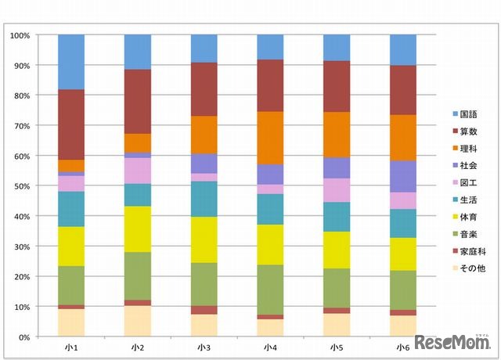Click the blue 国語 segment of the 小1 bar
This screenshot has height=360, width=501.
(x=71, y=62)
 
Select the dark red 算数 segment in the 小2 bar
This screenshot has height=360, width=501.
(x=138, y=101)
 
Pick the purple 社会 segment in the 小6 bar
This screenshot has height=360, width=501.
(x=403, y=176)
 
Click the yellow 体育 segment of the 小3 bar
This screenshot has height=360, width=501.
(x=204, y=239)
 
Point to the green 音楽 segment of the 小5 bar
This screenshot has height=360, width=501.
(x=337, y=288)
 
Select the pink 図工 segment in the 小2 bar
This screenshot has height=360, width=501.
(x=138, y=171)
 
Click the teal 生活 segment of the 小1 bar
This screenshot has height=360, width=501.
(x=71, y=209)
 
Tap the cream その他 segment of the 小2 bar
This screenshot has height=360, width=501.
(x=138, y=321)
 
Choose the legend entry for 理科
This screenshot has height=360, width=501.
(x=467, y=147)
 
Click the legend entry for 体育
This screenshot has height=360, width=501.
(x=467, y=216)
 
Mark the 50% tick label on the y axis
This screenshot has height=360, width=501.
(x=21, y=186)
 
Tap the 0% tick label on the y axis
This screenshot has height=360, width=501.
(x=23, y=337)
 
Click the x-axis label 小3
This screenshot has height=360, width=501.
(x=204, y=347)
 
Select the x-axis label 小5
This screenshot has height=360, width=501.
(x=337, y=347)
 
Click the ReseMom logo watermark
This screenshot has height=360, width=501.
(x=450, y=343)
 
